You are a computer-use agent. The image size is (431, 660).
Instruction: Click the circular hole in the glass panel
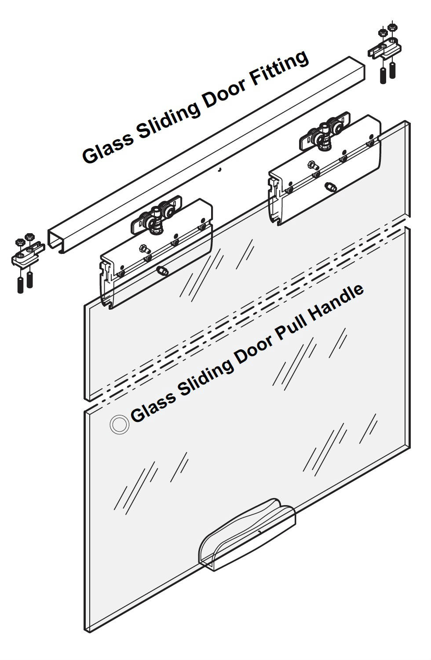tap(119, 425)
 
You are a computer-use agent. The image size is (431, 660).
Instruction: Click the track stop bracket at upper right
tap(385, 48)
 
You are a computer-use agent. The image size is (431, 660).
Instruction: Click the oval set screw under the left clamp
tap(162, 270)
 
